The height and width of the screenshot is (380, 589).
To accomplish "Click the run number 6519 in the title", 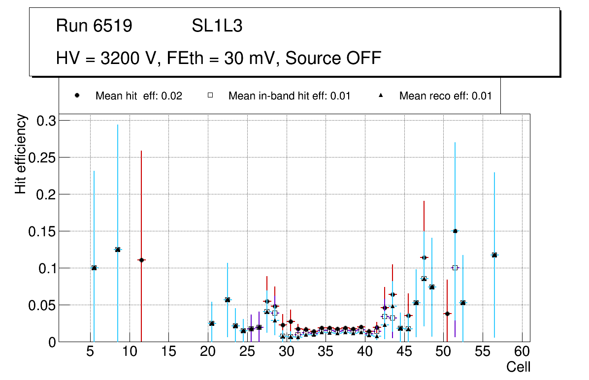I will [113, 26].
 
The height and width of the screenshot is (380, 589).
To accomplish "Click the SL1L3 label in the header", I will [217, 26].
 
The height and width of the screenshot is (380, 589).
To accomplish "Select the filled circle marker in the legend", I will [77, 95].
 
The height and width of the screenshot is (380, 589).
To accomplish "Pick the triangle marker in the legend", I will [381, 95].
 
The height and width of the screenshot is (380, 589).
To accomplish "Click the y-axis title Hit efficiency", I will [21, 154].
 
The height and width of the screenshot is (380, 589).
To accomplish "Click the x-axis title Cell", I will [519, 367].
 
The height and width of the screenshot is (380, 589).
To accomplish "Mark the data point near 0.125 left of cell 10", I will [118, 250].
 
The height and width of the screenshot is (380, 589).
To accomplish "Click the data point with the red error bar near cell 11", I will [141, 260].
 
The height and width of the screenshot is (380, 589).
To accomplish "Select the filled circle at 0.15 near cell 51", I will [455, 231].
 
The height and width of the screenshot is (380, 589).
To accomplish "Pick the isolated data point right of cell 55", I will [494, 255].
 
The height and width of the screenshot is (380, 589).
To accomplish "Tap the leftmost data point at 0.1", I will [94, 268].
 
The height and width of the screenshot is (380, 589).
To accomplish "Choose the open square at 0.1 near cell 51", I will [455, 268].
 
